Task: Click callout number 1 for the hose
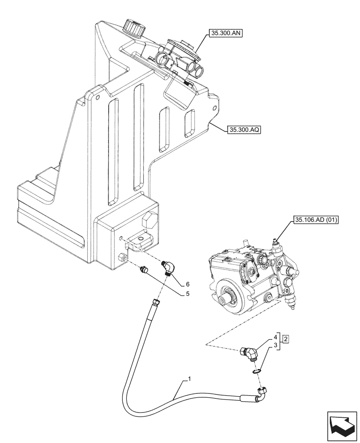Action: pos(189,379)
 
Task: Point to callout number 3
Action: pos(276,345)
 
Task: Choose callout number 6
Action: pos(188,284)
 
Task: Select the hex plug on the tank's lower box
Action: pos(150,220)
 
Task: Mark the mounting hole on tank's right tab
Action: pos(215,108)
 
